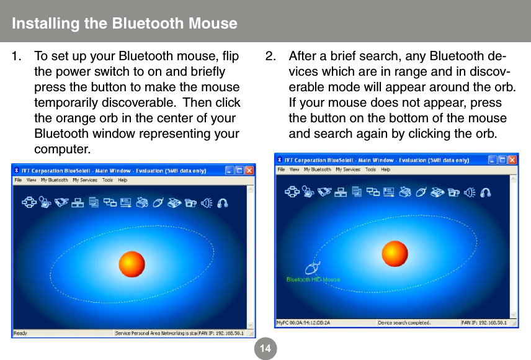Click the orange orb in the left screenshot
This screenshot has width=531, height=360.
coord(131,264)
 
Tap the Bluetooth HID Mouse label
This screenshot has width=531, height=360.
coord(313,279)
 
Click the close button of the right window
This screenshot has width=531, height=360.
coord(512,160)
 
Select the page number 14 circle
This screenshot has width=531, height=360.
coord(265,349)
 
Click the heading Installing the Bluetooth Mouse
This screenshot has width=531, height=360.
coord(124,24)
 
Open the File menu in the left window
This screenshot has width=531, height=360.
coord(19,180)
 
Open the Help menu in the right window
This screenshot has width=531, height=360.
coord(385,169)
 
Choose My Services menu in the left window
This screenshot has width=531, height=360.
coord(84,180)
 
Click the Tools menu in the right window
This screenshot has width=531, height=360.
coord(370,169)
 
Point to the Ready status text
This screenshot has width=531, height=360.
coord(20,333)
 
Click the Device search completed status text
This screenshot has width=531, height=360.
coord(404,323)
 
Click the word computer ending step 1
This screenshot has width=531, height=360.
coord(61,150)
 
